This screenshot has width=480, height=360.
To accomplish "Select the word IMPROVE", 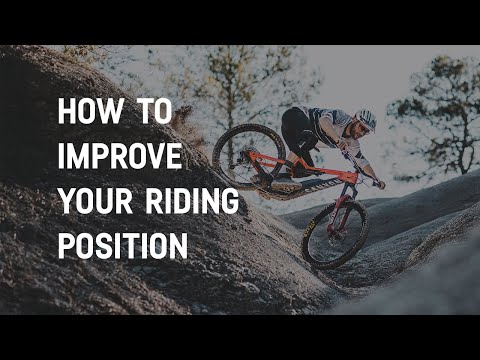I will point(120,156).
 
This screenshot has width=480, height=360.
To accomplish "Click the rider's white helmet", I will point(366,118).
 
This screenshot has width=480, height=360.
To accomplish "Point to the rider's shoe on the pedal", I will point(285,186).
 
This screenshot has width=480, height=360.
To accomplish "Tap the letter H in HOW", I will point(66,112).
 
